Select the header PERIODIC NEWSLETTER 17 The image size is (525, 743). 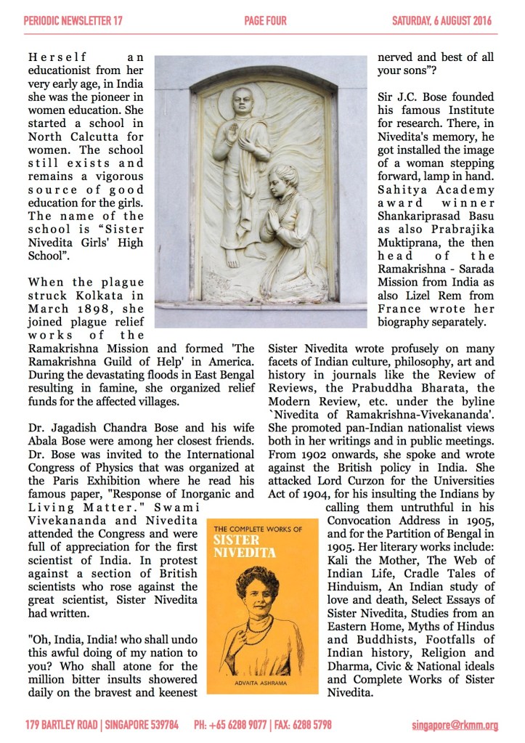(73, 21)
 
